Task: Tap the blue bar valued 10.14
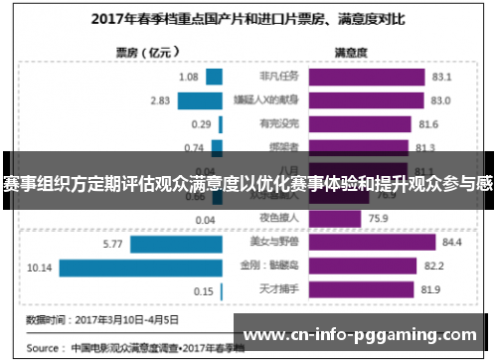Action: click(x=138, y=267)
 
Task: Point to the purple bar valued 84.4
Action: click(x=374, y=243)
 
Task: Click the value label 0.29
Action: click(x=203, y=124)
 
